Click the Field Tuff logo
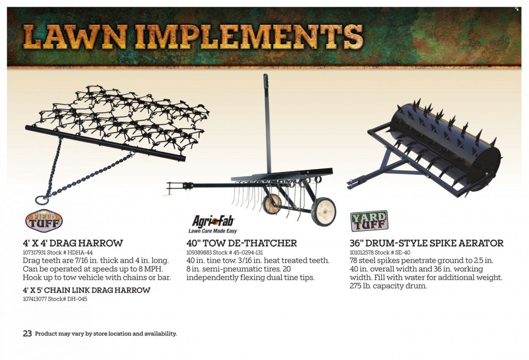click(x=44, y=221)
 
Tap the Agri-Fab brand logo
click(x=213, y=225)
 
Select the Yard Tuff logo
click(x=369, y=221)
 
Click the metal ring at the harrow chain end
click(x=42, y=200)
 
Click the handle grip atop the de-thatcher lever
click(x=266, y=82)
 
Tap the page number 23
click(x=28, y=333)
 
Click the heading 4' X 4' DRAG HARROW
click(x=73, y=243)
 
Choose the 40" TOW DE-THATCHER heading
click(x=242, y=243)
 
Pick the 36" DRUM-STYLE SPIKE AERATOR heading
click(x=427, y=243)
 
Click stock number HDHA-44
click(x=80, y=253)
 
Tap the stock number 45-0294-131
click(x=248, y=253)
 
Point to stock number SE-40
click(x=402, y=253)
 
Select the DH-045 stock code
click(x=77, y=299)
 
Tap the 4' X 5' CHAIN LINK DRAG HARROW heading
click(x=86, y=290)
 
